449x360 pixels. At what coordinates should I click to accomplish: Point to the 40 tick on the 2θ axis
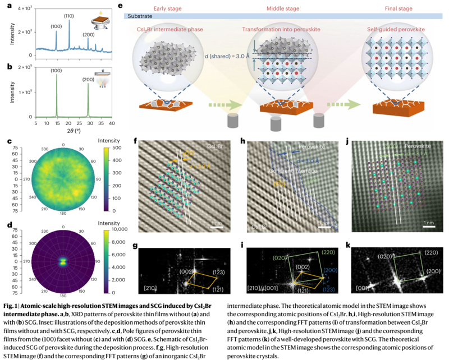112,123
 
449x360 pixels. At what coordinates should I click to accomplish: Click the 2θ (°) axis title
74,130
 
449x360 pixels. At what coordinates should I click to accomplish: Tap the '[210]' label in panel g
151,288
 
